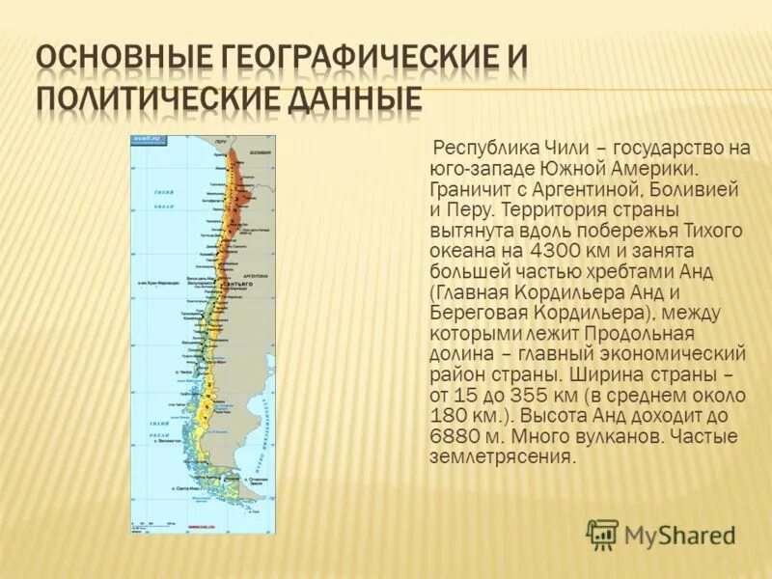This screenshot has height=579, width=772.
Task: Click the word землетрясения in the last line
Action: pyautogui.click(x=502, y=456)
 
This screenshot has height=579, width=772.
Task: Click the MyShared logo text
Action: pyautogui.click(x=680, y=535)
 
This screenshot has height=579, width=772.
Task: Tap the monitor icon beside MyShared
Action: pyautogui.click(x=602, y=535)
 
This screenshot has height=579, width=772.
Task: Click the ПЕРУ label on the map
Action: pyautogui.click(x=221, y=143)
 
